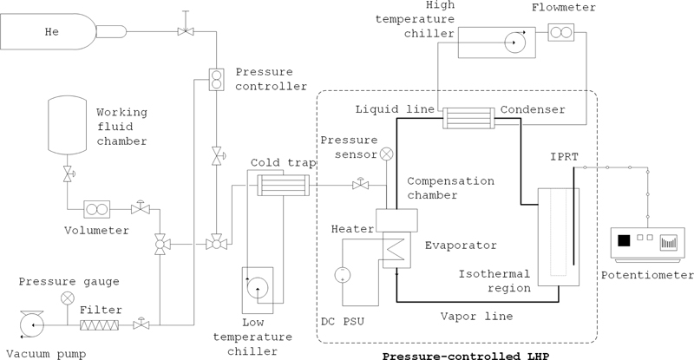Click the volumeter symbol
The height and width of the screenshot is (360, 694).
pyautogui.click(x=97, y=209)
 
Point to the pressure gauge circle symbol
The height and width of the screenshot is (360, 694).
pyautogui.click(x=67, y=298)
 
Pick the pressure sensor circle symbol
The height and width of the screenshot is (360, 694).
pyautogui.click(x=387, y=154)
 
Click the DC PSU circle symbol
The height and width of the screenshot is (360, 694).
pyautogui.click(x=342, y=274)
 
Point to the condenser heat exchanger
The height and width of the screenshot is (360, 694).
pyautogui.click(x=468, y=118)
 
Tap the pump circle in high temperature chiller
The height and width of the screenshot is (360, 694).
pyautogui.click(x=517, y=41)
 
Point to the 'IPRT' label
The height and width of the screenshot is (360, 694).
pyautogui.click(x=563, y=156)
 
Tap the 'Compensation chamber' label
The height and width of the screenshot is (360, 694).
pyautogui.click(x=450, y=188)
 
